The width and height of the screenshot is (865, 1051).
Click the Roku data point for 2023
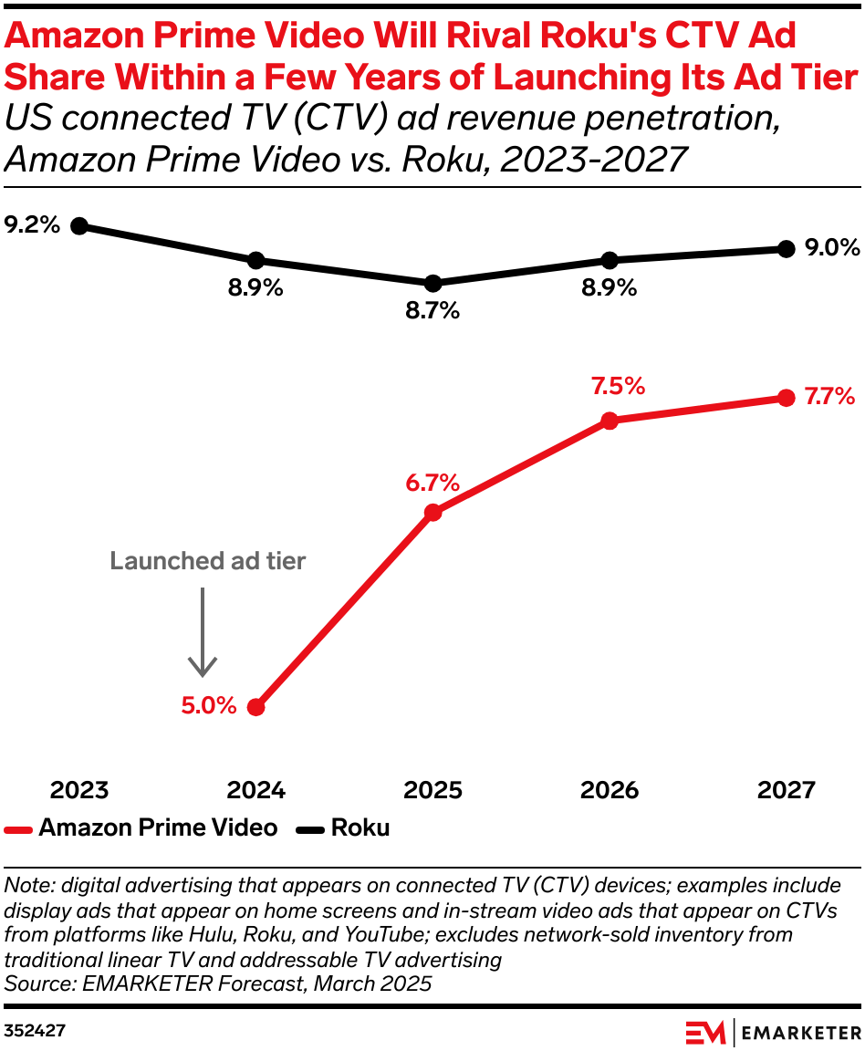point(79,225)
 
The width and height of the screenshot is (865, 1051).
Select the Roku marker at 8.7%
point(433,283)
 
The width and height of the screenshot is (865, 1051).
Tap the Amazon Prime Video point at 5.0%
point(256,707)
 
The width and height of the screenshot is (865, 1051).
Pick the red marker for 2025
point(433,513)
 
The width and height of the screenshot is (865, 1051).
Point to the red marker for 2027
point(786,398)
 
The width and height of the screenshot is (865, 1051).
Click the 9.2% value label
point(32,224)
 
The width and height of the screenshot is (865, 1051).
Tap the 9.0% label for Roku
point(832,248)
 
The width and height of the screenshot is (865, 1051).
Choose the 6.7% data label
point(432,483)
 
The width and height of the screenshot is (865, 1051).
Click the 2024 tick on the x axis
point(256,789)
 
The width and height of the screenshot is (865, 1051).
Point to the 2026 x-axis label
point(610,789)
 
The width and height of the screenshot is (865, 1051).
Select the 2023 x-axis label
point(79,789)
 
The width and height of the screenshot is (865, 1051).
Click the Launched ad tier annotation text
point(208,561)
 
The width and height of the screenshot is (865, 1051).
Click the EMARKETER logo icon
point(705,1032)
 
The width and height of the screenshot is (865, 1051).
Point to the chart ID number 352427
point(35,1031)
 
